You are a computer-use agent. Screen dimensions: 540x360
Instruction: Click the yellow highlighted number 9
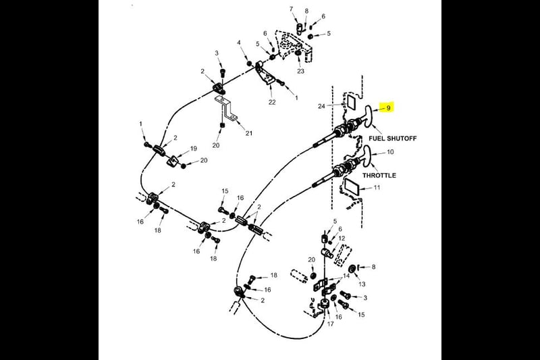[389, 108]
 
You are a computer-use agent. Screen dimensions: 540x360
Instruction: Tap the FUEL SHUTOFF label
[393, 138]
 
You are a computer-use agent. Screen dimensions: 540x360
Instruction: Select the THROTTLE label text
[379, 176]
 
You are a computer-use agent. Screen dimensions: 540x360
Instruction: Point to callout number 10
[390, 152]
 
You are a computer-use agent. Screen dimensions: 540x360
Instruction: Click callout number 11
[377, 188]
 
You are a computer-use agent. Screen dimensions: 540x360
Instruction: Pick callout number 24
[321, 106]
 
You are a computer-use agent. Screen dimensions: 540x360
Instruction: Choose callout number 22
[272, 102]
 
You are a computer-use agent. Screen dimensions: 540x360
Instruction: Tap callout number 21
[248, 133]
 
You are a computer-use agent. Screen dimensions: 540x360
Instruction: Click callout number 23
[300, 71]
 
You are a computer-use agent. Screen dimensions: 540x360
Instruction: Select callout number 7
[291, 9]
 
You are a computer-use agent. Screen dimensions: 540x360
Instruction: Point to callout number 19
[194, 149]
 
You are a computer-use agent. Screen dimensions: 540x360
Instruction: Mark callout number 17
[330, 324]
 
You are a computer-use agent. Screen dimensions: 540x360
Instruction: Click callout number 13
[362, 284]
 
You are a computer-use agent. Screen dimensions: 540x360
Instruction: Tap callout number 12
[342, 238]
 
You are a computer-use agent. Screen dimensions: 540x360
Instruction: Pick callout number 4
[239, 43]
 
